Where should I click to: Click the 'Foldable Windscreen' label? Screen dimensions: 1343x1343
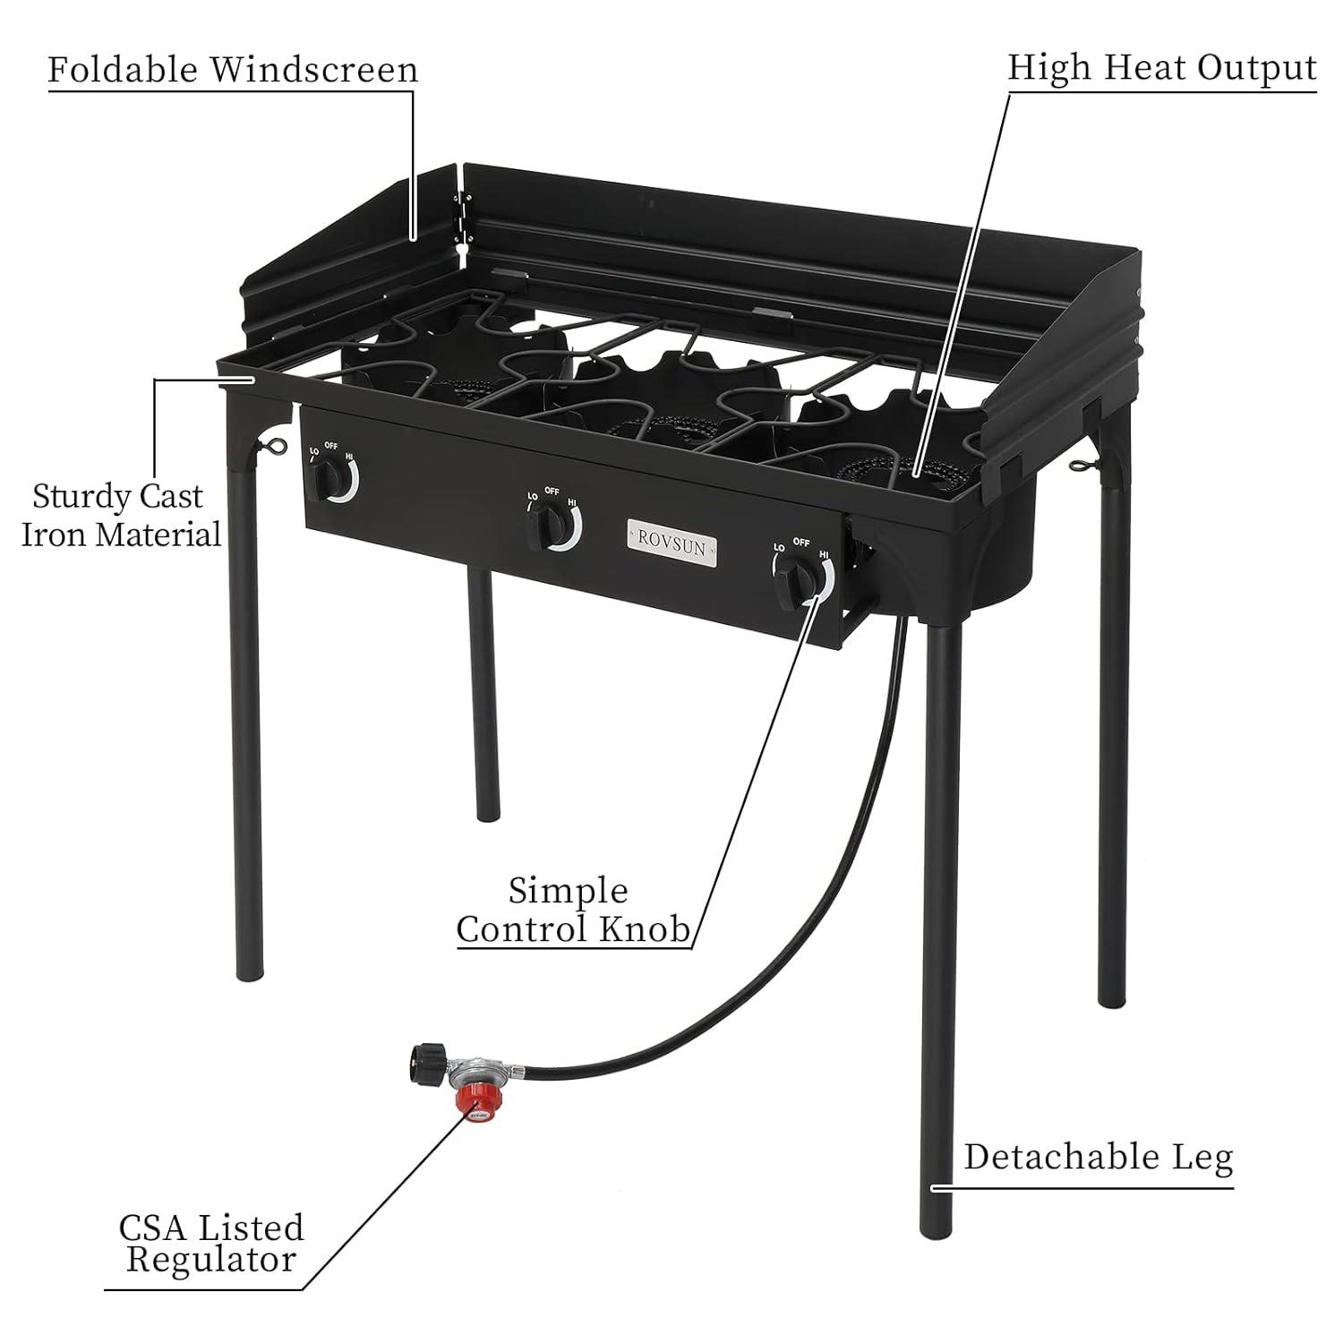tap(233, 70)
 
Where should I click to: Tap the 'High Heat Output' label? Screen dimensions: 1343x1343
tap(1161, 68)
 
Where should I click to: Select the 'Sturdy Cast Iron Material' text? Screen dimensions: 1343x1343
tap(121, 515)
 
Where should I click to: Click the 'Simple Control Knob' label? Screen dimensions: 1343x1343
tap(573, 911)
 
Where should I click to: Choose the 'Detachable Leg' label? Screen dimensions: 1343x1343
tap(1098, 1157)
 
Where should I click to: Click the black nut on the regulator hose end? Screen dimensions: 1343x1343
tap(423, 1062)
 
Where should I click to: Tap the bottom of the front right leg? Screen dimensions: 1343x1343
tap(937, 1222)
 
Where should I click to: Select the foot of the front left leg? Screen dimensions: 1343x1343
tap(250, 971)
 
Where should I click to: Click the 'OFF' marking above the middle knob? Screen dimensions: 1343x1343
tap(552, 492)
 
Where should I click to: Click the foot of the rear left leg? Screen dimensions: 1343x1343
tap(486, 810)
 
